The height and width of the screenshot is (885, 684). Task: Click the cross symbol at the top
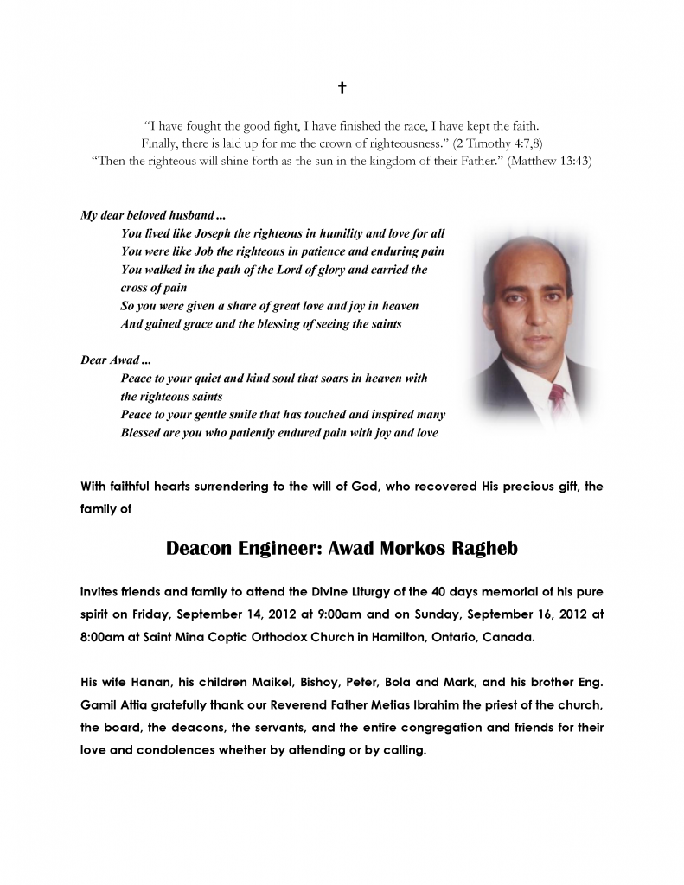(x=342, y=88)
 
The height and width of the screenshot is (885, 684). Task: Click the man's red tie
(x=557, y=399)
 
